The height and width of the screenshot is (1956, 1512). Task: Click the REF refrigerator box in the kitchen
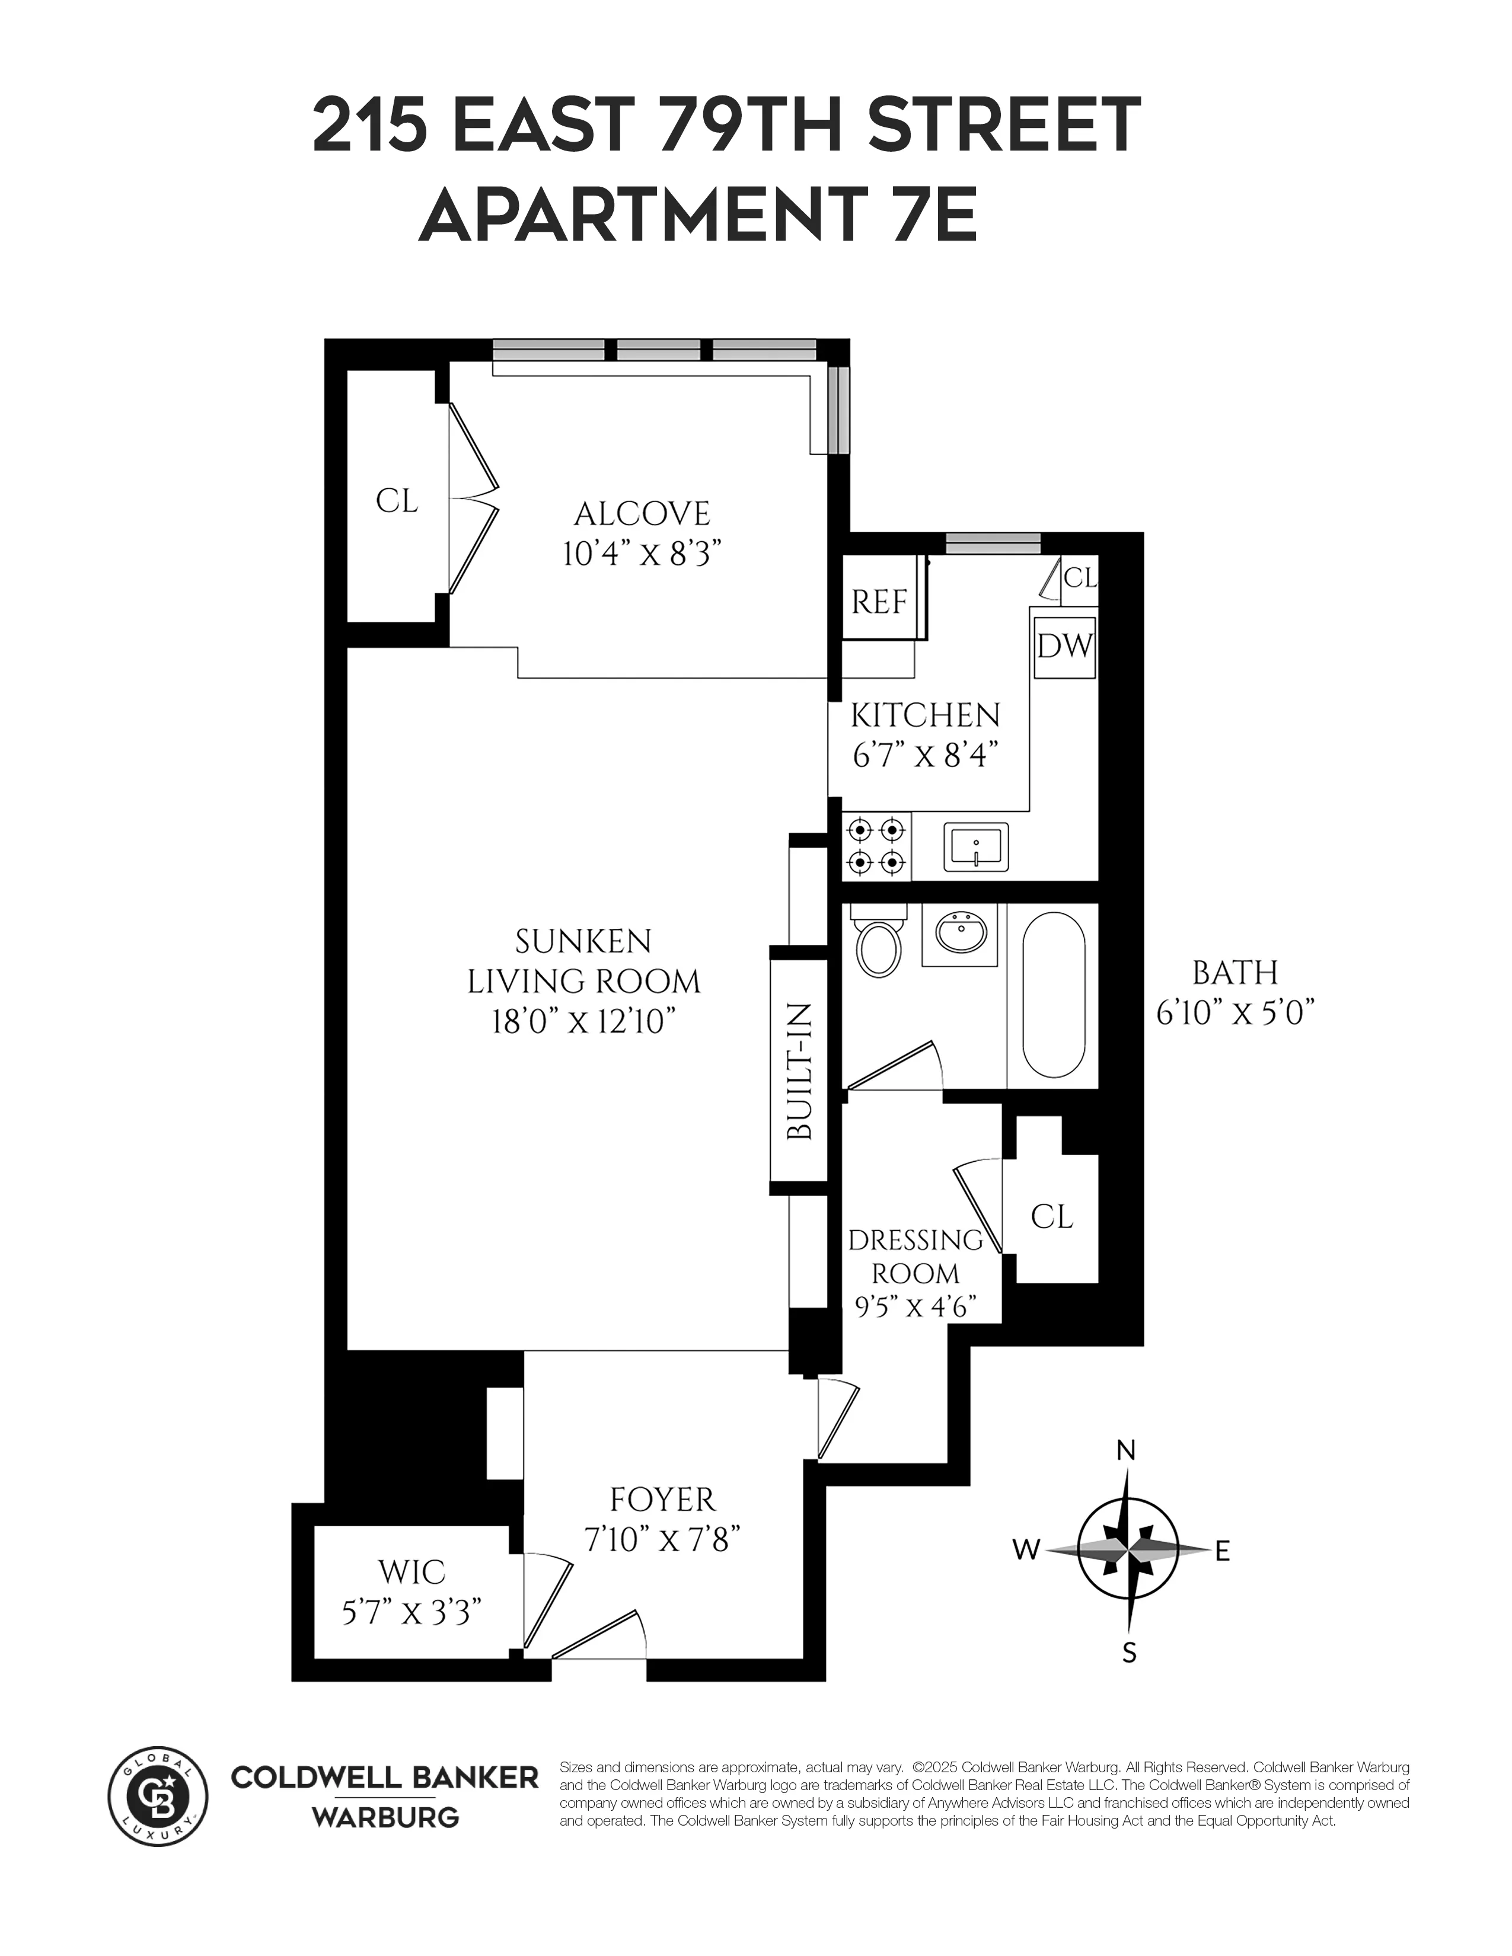pyautogui.click(x=879, y=602)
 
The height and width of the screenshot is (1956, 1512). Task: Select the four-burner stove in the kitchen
pyautogui.click(x=876, y=846)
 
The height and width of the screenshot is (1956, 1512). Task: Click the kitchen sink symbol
pyautogui.click(x=975, y=846)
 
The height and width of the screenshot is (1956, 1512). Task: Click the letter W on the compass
pyautogui.click(x=1026, y=1549)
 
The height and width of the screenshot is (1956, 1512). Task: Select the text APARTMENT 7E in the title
pyautogui.click(x=698, y=218)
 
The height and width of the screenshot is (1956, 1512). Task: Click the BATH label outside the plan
pyautogui.click(x=1235, y=973)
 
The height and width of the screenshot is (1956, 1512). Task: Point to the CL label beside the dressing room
pyautogui.click(x=1052, y=1216)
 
